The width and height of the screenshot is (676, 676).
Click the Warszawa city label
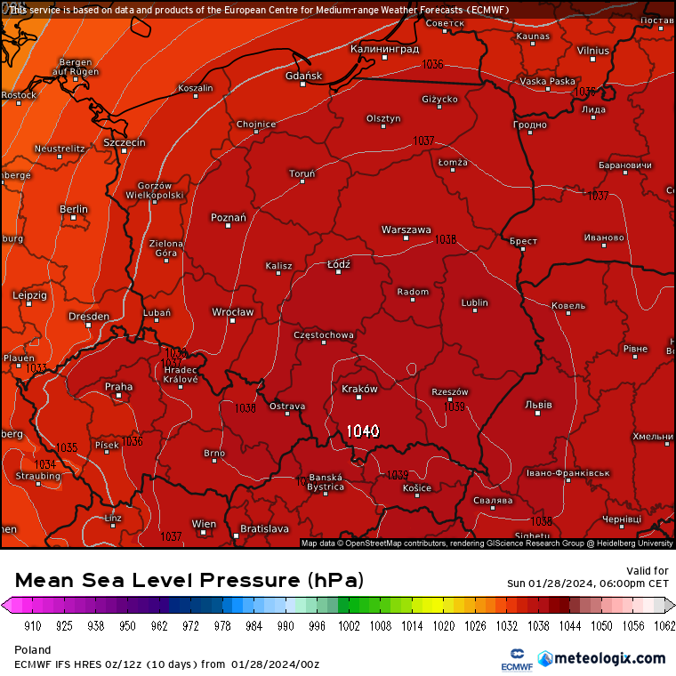click(406, 229)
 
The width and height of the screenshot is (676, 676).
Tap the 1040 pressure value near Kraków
click(363, 431)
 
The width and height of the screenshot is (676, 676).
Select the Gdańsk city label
click(304, 76)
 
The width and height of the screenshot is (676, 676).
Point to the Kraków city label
click(360, 389)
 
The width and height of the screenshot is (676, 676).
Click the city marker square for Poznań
click(229, 226)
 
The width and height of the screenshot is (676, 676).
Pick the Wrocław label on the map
click(232, 312)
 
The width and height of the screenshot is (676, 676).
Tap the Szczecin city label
click(125, 142)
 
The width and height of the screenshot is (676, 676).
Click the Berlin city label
click(74, 210)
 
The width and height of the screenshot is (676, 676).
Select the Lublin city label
click(475, 302)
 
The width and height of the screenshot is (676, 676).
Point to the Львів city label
click(538, 405)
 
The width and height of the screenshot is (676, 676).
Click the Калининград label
click(384, 49)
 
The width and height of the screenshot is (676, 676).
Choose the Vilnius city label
click(592, 51)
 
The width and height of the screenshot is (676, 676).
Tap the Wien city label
click(204, 524)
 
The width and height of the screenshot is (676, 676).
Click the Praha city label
click(118, 387)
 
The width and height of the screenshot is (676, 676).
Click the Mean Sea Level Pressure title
click(189, 581)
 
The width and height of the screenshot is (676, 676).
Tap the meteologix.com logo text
click(609, 658)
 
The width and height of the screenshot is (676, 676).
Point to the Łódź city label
click(338, 264)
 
